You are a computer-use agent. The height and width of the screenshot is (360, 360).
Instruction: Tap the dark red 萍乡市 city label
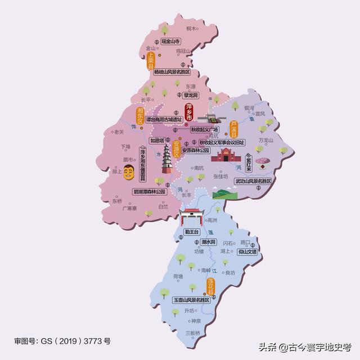click(189, 112)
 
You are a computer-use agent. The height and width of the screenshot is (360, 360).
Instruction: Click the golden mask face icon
click(129, 172)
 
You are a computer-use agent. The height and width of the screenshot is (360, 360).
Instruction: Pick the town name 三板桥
click(193, 333)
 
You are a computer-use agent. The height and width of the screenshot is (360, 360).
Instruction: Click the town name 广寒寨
click(130, 208)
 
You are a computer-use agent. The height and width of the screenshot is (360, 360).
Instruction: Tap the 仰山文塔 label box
click(247, 252)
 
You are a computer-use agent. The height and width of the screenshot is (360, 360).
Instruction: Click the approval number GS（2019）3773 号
click(62, 341)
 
